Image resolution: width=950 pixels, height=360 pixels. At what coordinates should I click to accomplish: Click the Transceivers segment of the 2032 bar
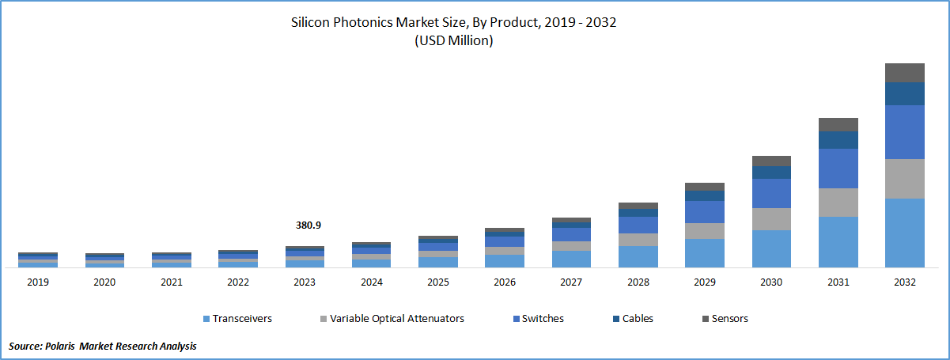point(905,233)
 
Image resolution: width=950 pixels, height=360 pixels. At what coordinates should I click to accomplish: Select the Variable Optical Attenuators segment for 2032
point(905,179)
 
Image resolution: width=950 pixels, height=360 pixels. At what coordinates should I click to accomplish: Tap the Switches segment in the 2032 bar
point(905,132)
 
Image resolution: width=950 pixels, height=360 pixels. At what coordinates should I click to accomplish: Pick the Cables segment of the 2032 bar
point(905,93)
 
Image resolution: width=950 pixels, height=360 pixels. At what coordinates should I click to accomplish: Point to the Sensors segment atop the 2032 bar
point(905,73)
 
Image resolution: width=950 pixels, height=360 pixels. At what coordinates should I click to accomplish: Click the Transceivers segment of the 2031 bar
point(838,242)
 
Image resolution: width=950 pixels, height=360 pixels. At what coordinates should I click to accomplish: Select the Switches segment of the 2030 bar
point(771,193)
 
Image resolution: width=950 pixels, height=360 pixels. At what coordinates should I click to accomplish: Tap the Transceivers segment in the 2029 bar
point(705,253)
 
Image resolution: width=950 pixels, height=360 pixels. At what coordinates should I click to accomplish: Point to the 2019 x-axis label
point(38,282)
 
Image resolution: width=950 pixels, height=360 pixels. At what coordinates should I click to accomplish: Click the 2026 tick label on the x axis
point(505,282)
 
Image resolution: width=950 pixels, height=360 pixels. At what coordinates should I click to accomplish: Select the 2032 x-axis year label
point(905,282)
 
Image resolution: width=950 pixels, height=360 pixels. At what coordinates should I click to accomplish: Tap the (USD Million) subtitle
point(453,41)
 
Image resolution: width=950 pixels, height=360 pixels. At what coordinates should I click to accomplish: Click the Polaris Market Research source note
point(103,346)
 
